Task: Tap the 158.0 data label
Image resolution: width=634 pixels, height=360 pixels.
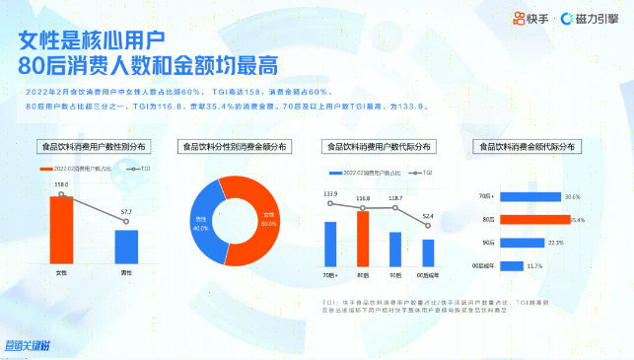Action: tap(60, 184)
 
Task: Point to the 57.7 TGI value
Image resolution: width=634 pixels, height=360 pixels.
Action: tap(125, 212)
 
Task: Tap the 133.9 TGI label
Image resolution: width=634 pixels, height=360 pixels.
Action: tap(330, 193)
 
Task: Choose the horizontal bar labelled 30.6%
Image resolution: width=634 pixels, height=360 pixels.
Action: tap(528, 197)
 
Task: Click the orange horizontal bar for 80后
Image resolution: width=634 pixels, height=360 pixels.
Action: tap(533, 219)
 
